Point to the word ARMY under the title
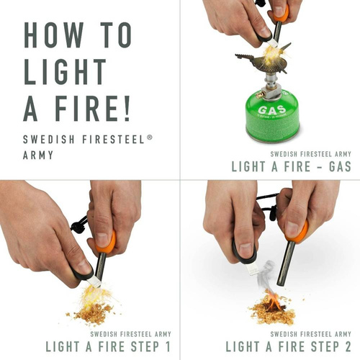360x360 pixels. point(39,153)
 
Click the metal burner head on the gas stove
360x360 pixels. point(260,63)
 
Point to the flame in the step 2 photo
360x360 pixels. point(274,296)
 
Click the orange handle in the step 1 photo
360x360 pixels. point(105,242)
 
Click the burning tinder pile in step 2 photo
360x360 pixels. point(272,310)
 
